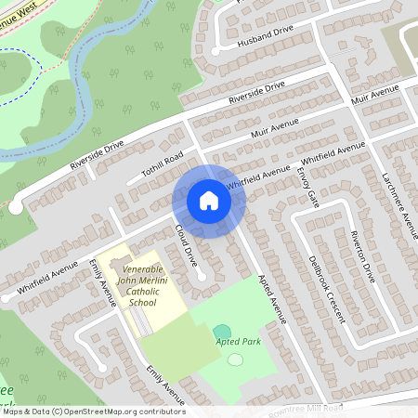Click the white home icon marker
click(209, 202)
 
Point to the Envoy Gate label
click(307, 187)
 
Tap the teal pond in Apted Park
click(222, 331)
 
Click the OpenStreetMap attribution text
click(93, 411)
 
